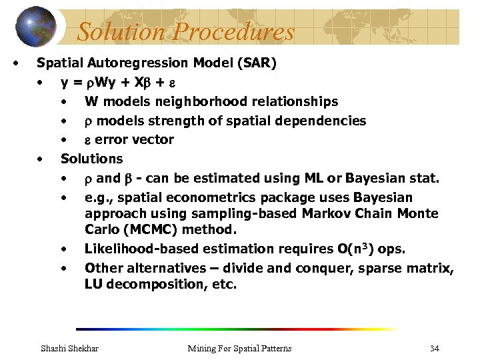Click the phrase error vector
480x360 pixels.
click(134, 140)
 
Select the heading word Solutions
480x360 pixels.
click(92, 159)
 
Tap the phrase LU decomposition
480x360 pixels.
click(140, 285)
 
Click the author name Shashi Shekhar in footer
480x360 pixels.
click(70, 348)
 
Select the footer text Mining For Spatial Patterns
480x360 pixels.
click(239, 348)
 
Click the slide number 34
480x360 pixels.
click(434, 348)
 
